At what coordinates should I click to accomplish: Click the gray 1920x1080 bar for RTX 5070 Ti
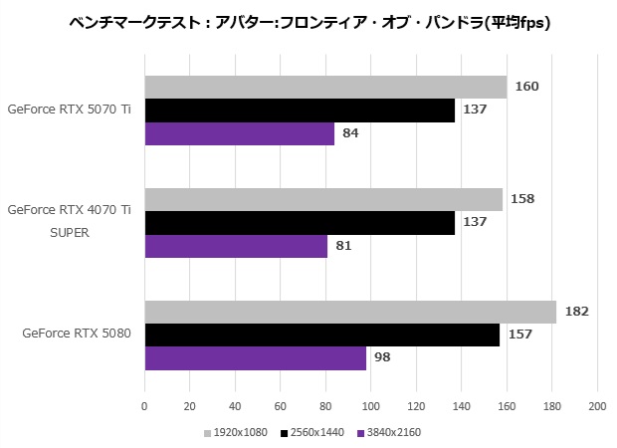pyautogui.click(x=325, y=87)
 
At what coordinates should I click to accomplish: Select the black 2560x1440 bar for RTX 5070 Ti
pyautogui.click(x=300, y=110)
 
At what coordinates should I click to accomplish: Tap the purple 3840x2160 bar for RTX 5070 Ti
pyautogui.click(x=239, y=133)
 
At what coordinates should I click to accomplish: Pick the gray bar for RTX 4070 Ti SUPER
pyautogui.click(x=323, y=199)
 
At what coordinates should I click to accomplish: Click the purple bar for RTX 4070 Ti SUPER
pyautogui.click(x=236, y=246)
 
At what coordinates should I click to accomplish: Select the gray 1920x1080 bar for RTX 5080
pyautogui.click(x=350, y=312)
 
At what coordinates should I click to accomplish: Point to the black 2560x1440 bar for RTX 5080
pyautogui.click(x=321, y=335)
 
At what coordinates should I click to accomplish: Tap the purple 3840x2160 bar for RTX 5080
pyautogui.click(x=255, y=358)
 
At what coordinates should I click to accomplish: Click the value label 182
pyautogui.click(x=576, y=312)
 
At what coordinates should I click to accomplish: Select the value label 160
pyautogui.click(x=526, y=87)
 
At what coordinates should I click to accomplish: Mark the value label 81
pyautogui.click(x=344, y=246)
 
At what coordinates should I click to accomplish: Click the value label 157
pyautogui.click(x=519, y=335)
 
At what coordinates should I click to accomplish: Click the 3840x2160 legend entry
pyautogui.click(x=388, y=432)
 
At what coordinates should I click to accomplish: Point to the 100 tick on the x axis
pyautogui.click(x=371, y=406)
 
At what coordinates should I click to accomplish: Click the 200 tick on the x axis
pyautogui.click(x=597, y=406)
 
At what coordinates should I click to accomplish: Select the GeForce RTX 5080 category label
pyautogui.click(x=77, y=335)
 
